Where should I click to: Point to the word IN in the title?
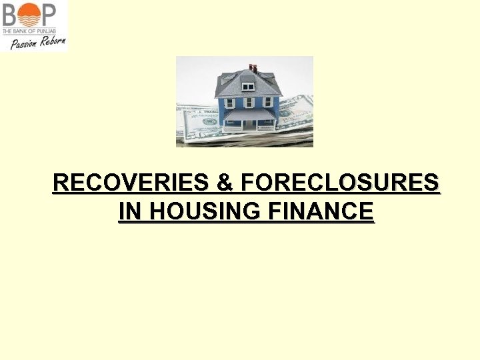131,211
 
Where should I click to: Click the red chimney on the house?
253,67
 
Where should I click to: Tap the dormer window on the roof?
248,85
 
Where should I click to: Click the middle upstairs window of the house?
248,103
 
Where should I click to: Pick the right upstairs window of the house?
268,102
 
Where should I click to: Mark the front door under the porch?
249,123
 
